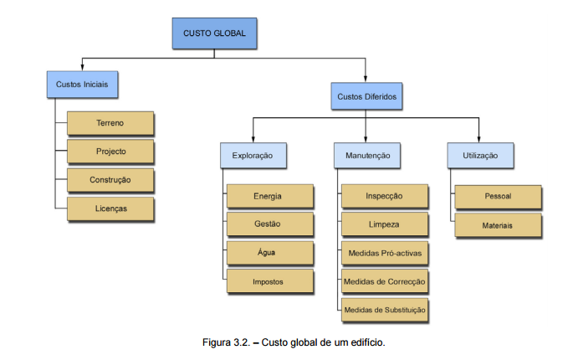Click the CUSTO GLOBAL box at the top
214,33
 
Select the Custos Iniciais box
81,85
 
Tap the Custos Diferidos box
366,97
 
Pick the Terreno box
110,123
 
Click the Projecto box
110,152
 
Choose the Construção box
110,179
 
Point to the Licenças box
110,208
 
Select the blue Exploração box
253,155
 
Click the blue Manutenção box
366,155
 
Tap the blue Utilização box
479,155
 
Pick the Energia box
268,196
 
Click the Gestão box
268,224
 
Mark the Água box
268,253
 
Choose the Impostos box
268,282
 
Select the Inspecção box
384,196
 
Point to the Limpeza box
384,224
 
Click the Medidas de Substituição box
384,310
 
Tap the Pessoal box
498,197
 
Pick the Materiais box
498,225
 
